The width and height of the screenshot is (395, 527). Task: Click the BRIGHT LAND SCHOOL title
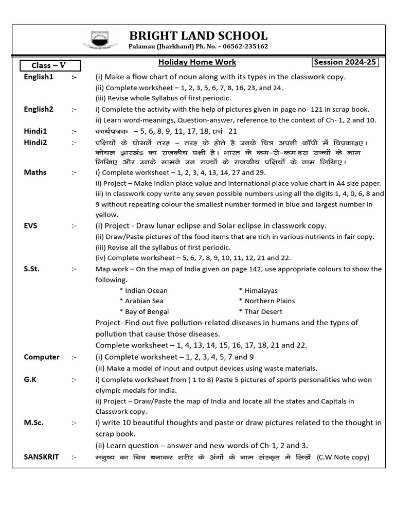[198, 36]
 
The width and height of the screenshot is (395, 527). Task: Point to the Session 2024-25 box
[345, 62]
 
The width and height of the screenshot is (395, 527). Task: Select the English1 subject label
[39, 77]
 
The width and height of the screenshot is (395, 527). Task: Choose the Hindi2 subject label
[35, 142]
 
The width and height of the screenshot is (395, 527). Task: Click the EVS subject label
[31, 225]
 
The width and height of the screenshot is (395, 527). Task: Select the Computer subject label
[42, 357]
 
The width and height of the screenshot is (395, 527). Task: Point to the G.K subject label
[31, 379]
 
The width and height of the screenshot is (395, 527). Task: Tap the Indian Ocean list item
[146, 290]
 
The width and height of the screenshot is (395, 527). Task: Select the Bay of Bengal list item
[146, 311]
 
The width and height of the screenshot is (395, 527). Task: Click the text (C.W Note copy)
[343, 456]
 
